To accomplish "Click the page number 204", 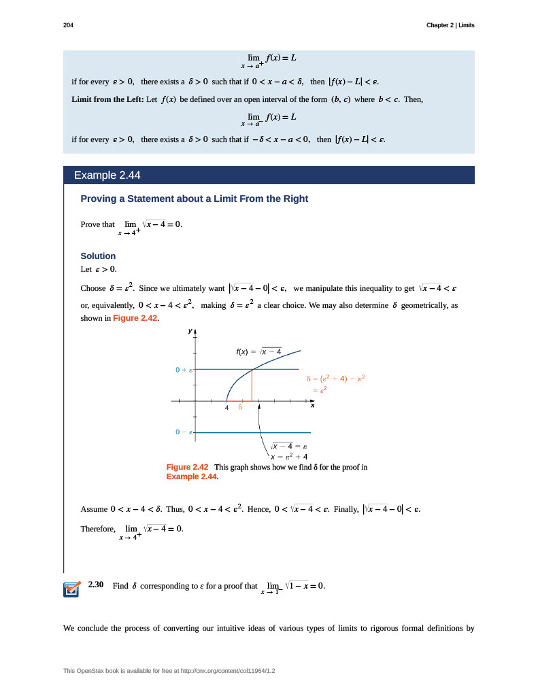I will [x=68, y=25].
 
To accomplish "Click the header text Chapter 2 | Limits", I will [x=450, y=25].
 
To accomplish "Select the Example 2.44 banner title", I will [x=107, y=175].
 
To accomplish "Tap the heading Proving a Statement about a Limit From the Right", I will [x=194, y=198].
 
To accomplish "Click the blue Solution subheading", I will [x=98, y=256].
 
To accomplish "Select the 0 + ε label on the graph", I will [x=184, y=370].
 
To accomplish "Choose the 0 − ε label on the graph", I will [x=184, y=432].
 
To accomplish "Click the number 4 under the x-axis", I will [x=226, y=408].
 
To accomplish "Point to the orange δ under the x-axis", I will [x=240, y=408].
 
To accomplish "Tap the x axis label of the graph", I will [x=313, y=406].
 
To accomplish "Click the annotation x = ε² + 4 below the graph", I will [x=290, y=457].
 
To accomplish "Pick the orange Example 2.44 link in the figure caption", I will [x=191, y=476].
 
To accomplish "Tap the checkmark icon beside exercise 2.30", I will [x=71, y=589].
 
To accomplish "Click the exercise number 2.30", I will [x=95, y=585].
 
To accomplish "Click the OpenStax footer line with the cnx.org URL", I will [x=169, y=671].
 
